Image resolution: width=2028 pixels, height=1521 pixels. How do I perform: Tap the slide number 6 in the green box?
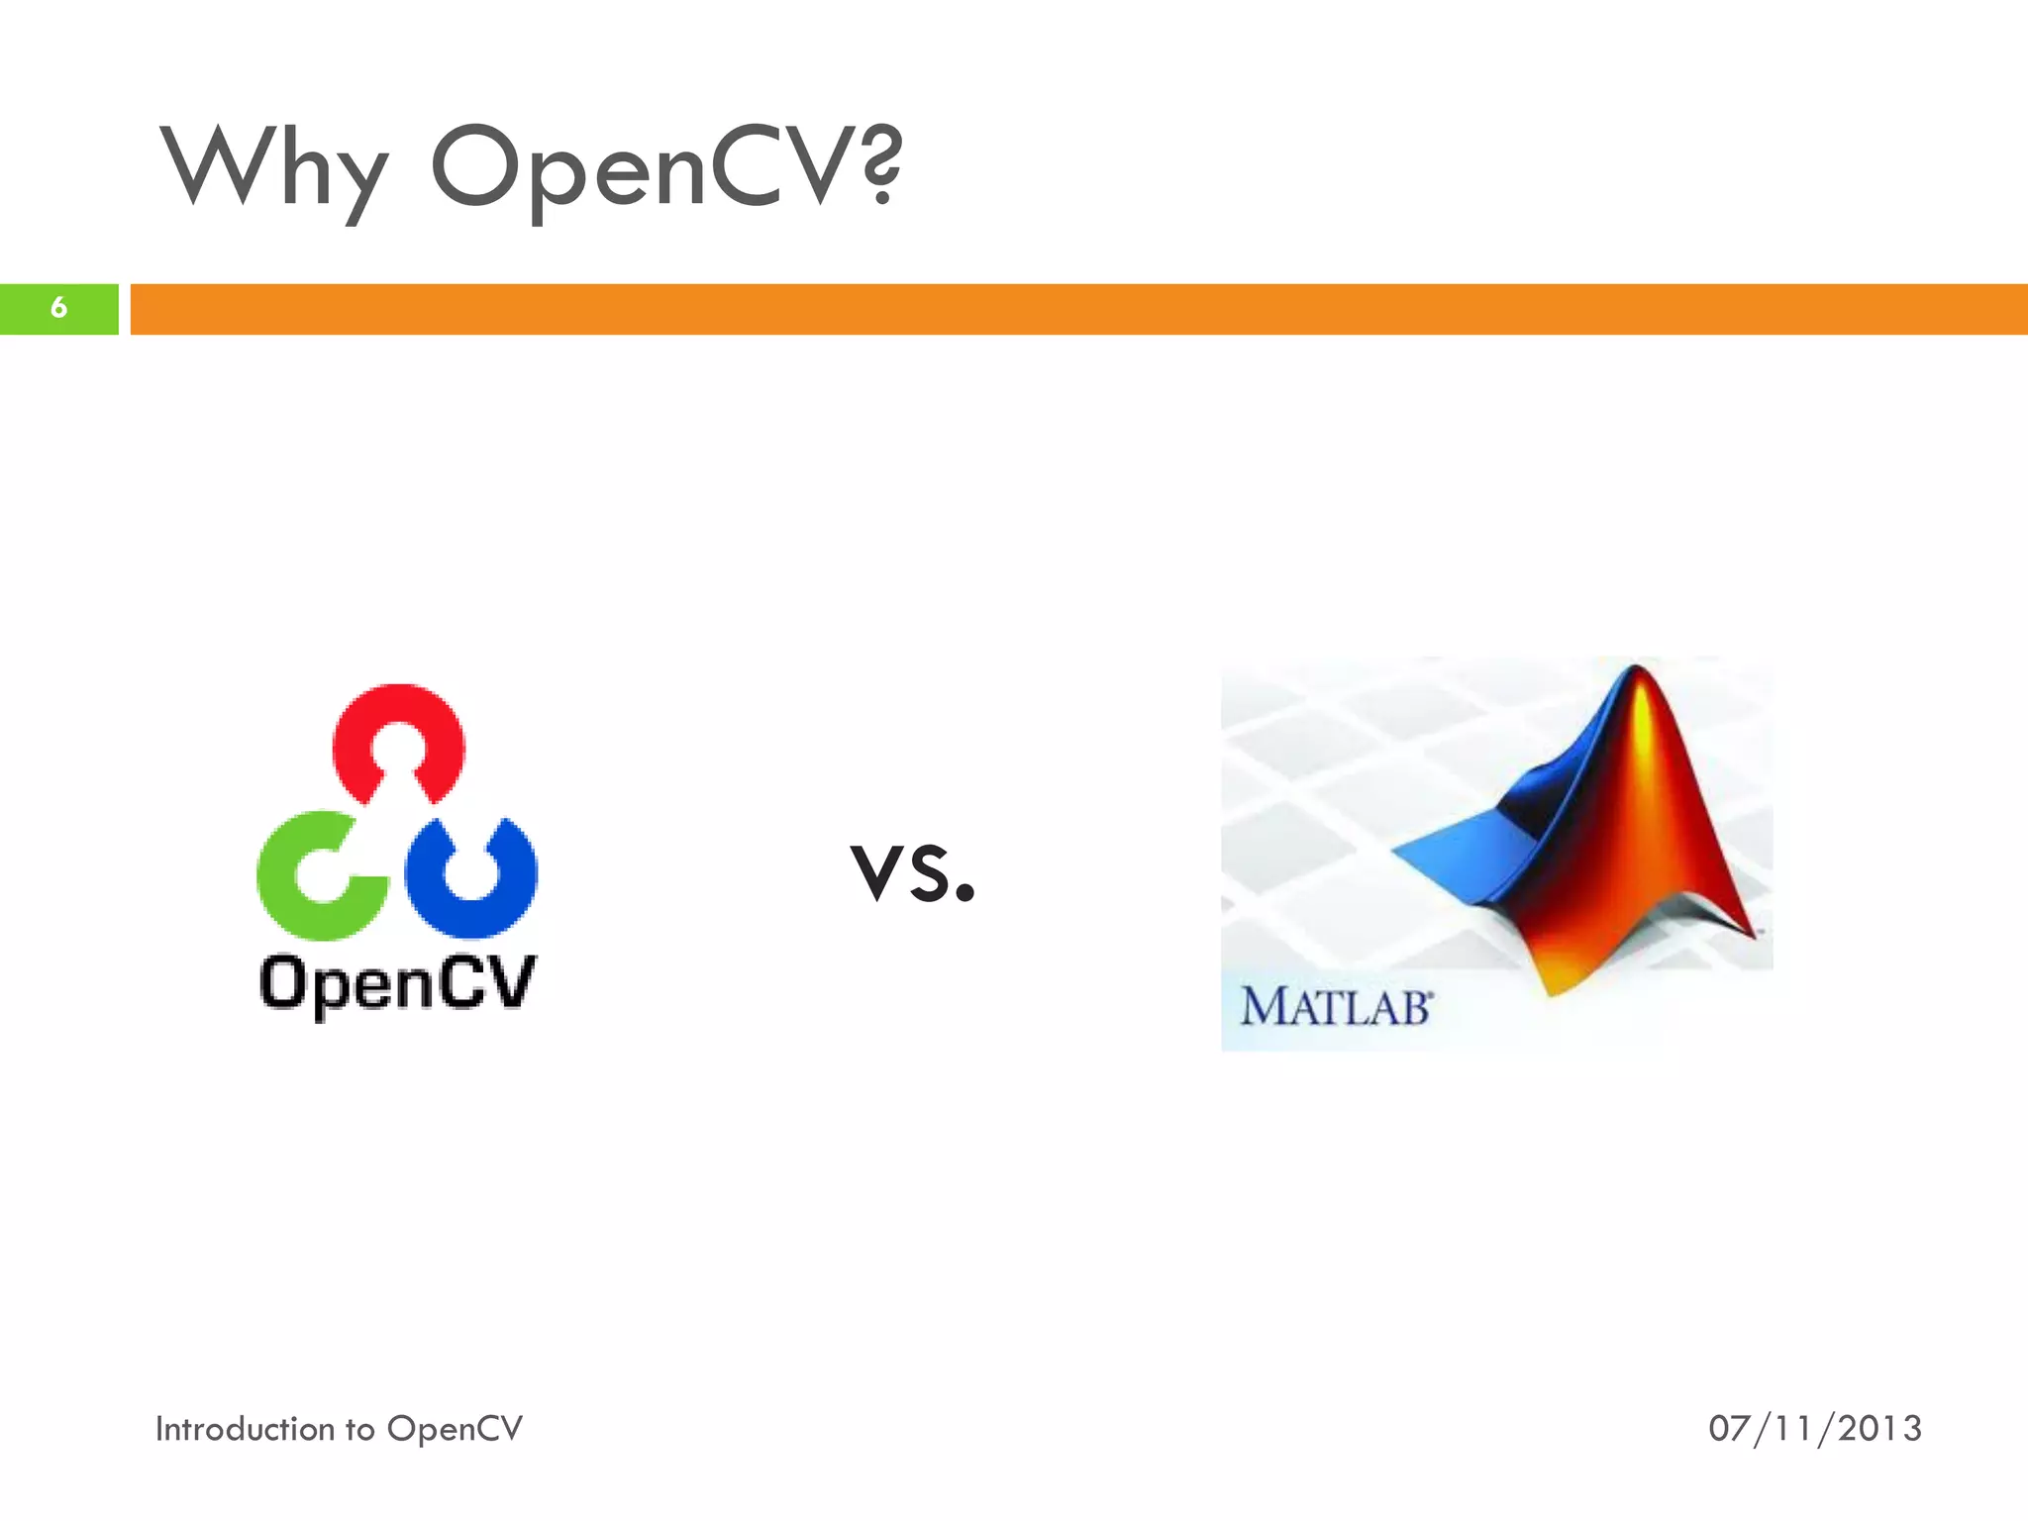tap(58, 308)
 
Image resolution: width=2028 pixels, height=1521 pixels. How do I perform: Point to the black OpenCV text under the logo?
tap(396, 983)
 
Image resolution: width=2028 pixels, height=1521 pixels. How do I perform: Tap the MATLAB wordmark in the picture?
tap(1335, 1007)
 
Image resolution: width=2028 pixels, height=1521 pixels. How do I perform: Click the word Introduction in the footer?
tap(245, 1429)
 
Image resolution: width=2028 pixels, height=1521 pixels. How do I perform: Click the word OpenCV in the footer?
tap(455, 1429)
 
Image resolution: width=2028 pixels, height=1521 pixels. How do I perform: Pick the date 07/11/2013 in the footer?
tap(1814, 1429)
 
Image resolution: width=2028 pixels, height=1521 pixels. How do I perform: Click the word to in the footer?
tap(359, 1430)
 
